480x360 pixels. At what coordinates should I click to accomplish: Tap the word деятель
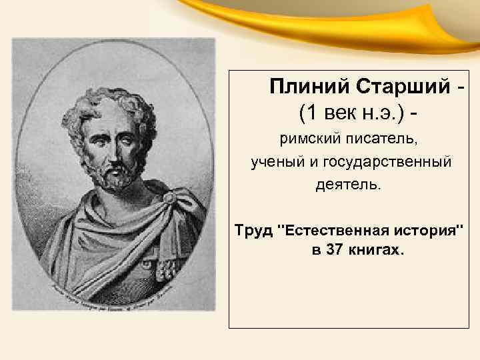coord(349,183)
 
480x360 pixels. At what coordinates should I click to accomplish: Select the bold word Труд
coord(253,231)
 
